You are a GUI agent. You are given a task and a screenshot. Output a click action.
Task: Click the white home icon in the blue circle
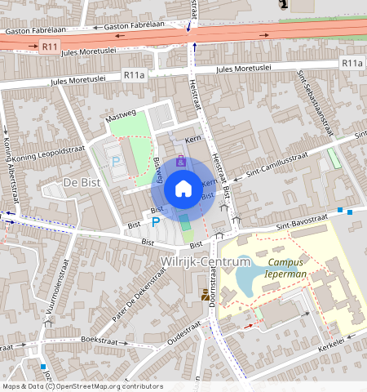point(183,189)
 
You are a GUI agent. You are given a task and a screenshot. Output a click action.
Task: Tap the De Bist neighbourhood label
point(82,182)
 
